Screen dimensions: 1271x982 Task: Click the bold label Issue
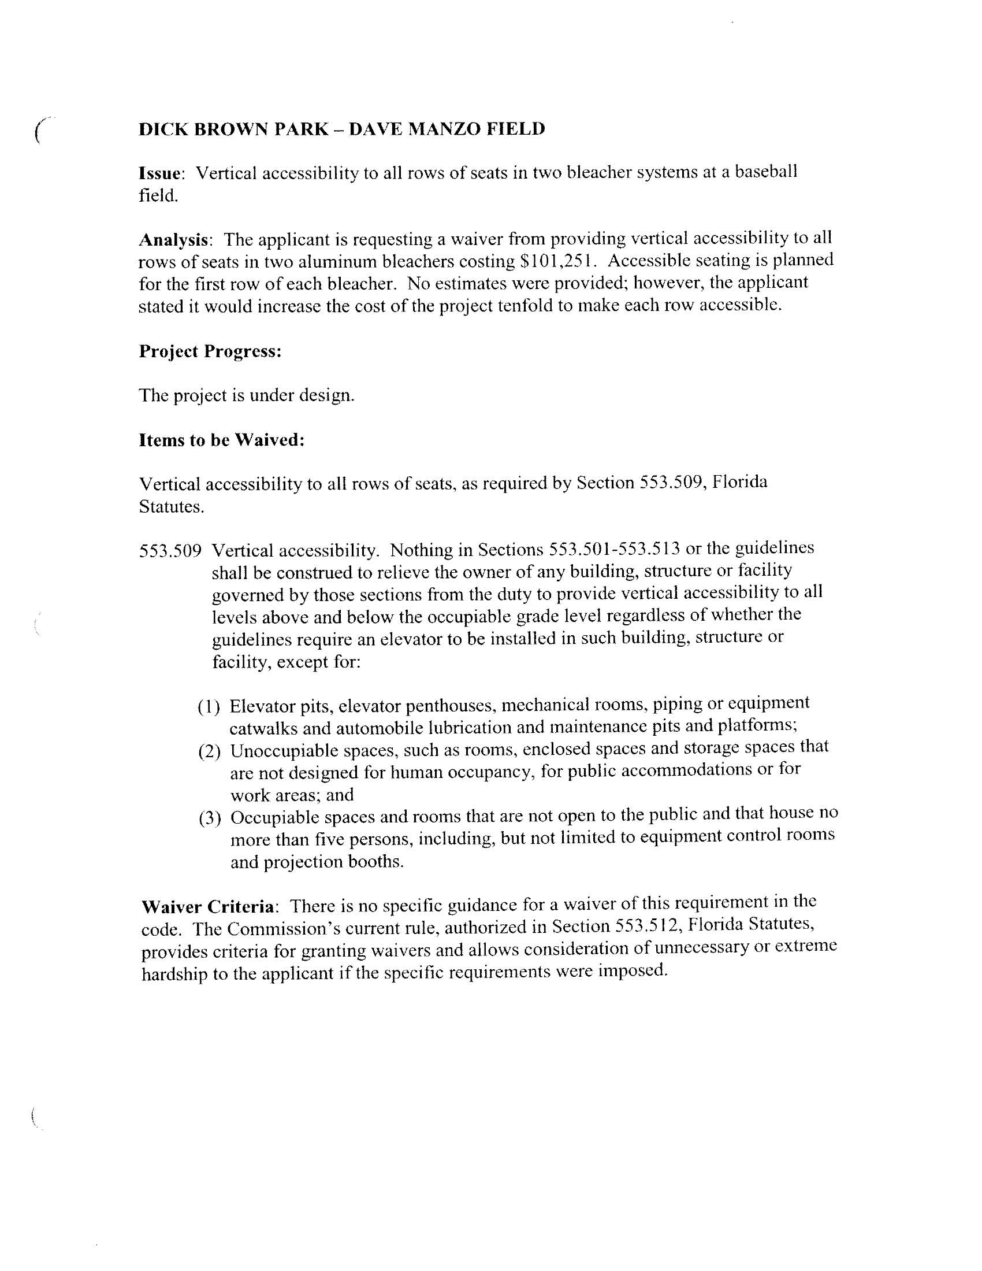161,173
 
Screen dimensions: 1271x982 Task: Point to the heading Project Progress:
210,351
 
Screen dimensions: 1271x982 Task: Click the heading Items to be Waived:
222,440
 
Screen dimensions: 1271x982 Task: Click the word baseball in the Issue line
765,172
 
